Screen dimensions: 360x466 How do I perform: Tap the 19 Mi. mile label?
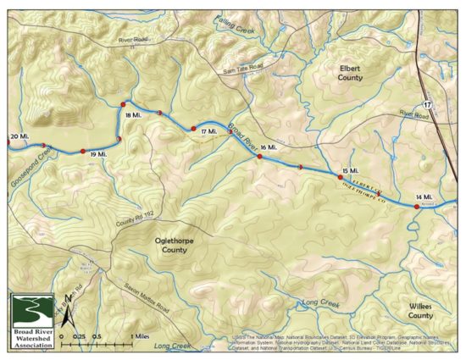click(97, 155)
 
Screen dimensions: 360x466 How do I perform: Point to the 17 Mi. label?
click(209, 132)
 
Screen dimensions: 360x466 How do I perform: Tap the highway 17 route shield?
click(428, 103)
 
